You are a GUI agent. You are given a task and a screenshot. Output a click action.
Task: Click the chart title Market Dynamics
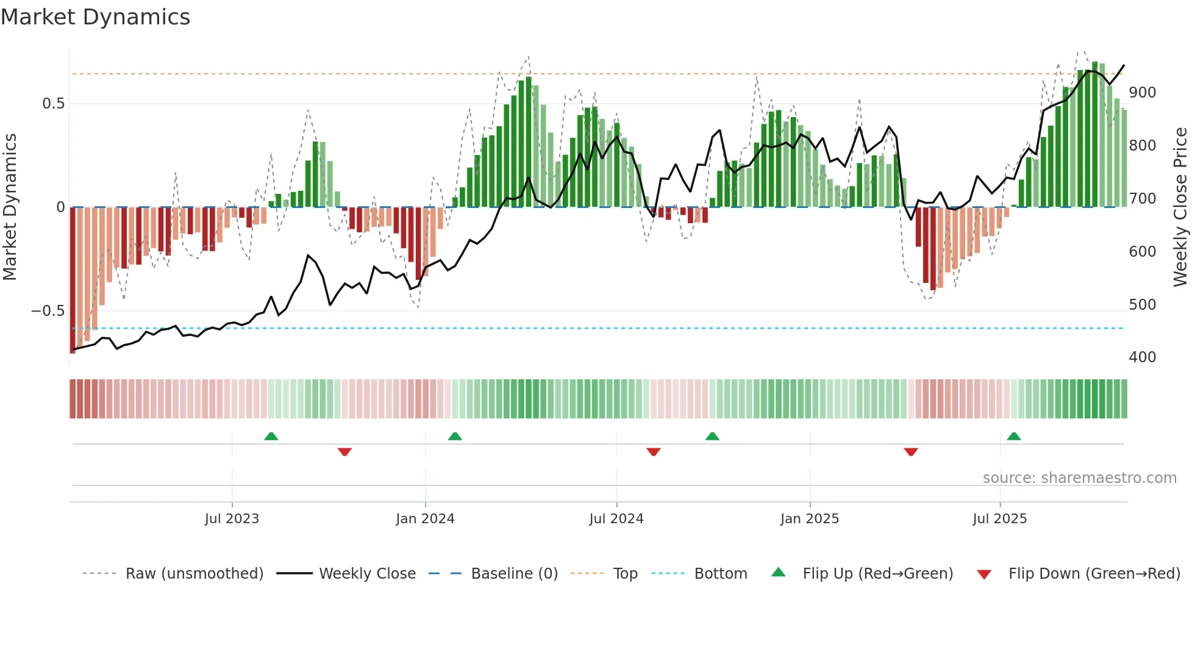click(x=95, y=17)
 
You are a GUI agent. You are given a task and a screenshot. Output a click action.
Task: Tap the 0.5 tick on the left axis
click(x=53, y=104)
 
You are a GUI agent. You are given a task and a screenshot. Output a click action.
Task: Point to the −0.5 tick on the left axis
click(x=48, y=311)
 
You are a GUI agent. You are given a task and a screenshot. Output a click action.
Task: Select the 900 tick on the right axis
click(x=1142, y=93)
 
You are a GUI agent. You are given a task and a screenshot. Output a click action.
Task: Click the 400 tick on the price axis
click(x=1142, y=357)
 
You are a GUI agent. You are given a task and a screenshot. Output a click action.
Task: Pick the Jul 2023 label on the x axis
click(x=232, y=519)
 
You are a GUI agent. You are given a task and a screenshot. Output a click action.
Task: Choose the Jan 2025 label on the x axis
click(x=809, y=519)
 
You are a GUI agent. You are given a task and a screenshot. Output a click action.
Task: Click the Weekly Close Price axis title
click(x=1180, y=207)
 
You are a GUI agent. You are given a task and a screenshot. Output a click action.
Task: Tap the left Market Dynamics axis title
click(x=10, y=207)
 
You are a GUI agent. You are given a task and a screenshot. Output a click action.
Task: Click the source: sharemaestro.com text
click(x=1079, y=478)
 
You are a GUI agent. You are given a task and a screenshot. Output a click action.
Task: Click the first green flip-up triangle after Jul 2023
click(x=271, y=437)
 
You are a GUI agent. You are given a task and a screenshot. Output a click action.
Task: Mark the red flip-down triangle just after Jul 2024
click(x=654, y=452)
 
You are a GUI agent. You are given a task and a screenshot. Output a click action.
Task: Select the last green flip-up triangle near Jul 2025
click(x=1014, y=437)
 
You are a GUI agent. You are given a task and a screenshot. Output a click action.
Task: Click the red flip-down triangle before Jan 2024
click(x=344, y=452)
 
